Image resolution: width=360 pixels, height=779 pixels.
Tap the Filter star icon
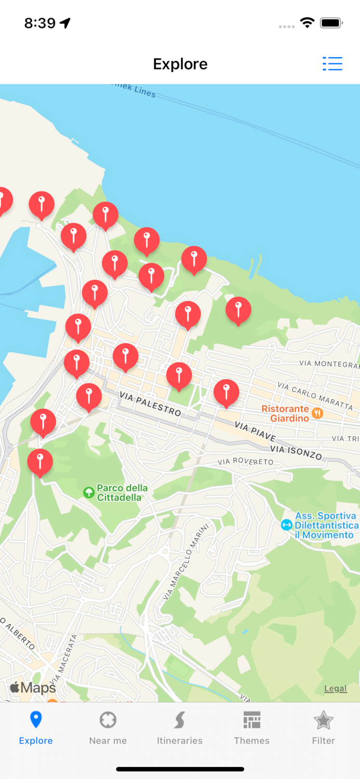[323, 721]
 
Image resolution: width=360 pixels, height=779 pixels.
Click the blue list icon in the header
[332, 64]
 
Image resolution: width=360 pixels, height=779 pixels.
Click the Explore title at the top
[180, 64]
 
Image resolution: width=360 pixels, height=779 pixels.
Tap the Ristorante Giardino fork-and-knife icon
[317, 413]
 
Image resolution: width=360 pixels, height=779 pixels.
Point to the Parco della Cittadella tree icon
[89, 492]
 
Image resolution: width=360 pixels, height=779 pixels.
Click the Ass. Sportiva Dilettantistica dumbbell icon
[286, 525]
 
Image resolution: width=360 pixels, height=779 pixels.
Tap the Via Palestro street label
[150, 404]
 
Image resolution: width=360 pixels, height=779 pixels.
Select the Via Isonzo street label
[296, 452]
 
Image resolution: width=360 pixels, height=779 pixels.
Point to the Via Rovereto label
[245, 461]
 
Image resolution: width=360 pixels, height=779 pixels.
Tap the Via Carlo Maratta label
[315, 395]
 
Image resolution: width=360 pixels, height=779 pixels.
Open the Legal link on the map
[335, 689]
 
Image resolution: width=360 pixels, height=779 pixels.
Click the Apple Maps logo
[33, 688]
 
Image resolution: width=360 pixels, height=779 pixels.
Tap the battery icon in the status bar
[330, 23]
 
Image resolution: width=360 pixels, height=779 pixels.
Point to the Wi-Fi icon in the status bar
[307, 23]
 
